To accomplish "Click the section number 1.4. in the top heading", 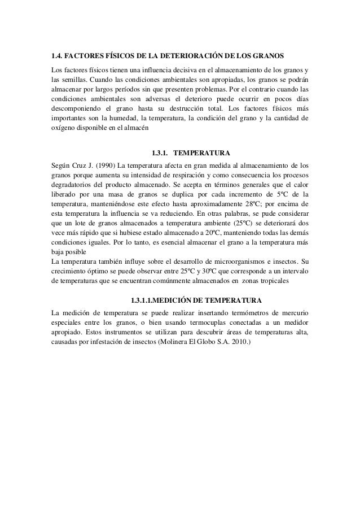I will click(56, 57).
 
